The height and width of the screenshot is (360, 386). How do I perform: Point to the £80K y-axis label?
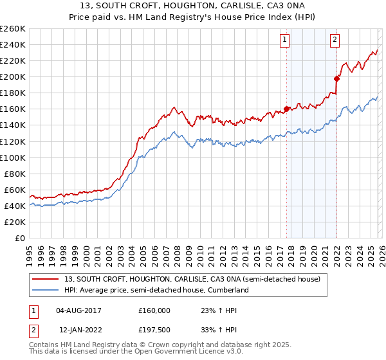point(15,174)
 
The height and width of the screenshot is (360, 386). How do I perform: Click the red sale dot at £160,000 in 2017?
point(286,109)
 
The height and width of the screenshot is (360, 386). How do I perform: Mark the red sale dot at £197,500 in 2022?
point(336,78)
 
